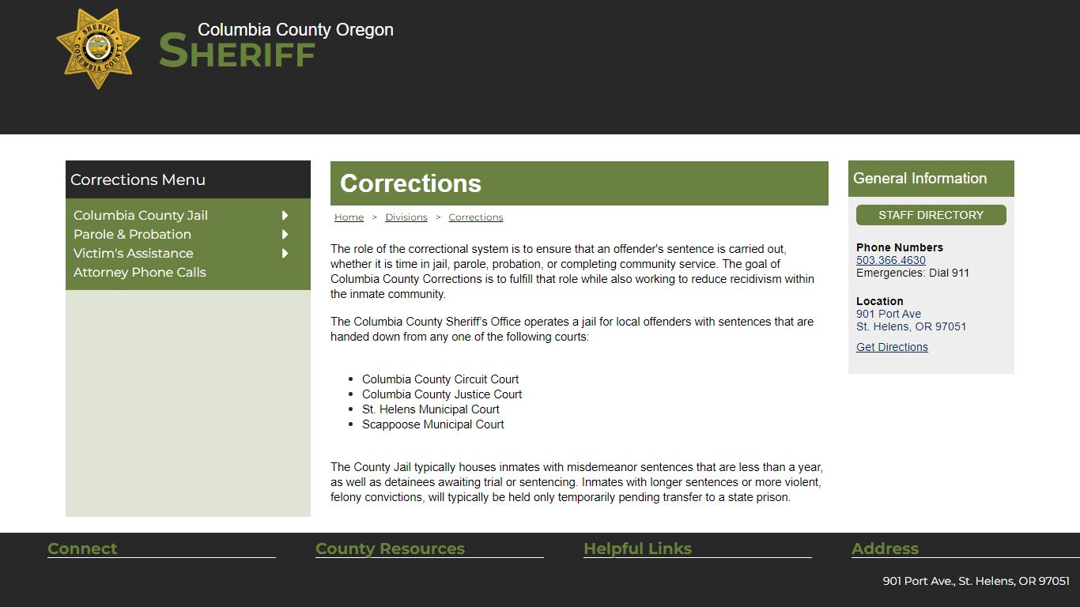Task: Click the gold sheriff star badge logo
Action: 98,49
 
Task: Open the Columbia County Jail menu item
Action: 141,215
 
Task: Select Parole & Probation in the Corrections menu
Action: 132,234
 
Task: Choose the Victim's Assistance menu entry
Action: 133,253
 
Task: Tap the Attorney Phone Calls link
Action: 139,272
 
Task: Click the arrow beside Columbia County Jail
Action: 285,215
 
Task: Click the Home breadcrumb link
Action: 349,217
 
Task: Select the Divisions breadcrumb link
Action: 406,217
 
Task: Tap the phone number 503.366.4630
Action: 890,260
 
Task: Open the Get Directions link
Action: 892,347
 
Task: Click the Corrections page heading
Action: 410,183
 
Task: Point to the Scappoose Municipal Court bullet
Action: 432,424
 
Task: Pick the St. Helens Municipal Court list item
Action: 430,409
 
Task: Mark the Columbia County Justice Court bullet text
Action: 442,394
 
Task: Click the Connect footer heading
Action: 82,549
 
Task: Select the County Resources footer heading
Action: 390,549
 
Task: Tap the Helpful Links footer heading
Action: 637,549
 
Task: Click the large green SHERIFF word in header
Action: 237,52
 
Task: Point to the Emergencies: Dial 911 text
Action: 912,273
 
